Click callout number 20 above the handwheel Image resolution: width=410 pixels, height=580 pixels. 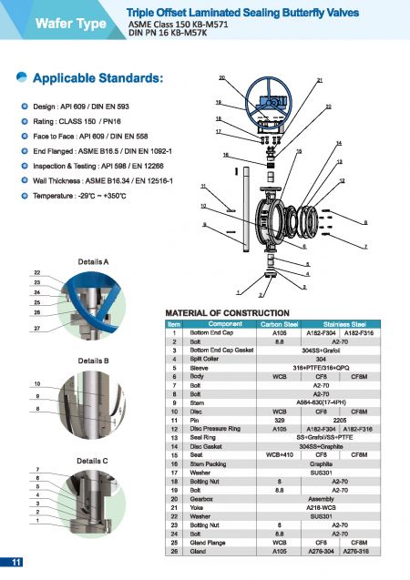pyautogui.click(x=222, y=77)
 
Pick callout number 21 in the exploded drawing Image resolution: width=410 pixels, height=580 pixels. pyautogui.click(x=320, y=81)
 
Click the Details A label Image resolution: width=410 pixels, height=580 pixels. pyautogui.click(x=94, y=260)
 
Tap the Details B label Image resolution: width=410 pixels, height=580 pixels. pyautogui.click(x=94, y=361)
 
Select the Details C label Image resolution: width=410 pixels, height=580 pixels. pyautogui.click(x=94, y=460)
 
